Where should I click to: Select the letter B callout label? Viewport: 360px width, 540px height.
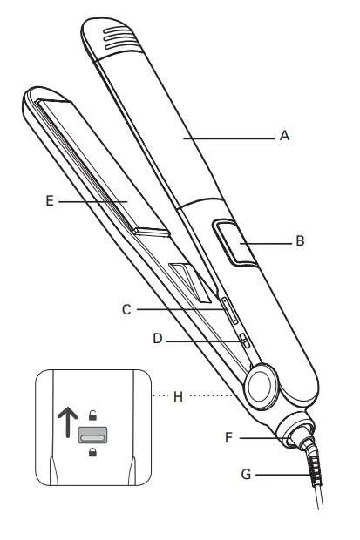[x=301, y=241]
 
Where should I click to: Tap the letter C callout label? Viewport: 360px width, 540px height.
[x=127, y=307]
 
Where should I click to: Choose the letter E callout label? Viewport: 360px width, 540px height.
[x=50, y=200]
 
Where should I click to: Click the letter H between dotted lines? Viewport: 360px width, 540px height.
[x=179, y=396]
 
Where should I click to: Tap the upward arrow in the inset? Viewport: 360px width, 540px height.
[x=64, y=422]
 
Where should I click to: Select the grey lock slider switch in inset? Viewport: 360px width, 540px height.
[x=91, y=433]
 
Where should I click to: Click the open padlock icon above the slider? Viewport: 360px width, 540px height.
[x=91, y=413]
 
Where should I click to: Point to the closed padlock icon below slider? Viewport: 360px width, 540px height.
[x=91, y=452]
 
